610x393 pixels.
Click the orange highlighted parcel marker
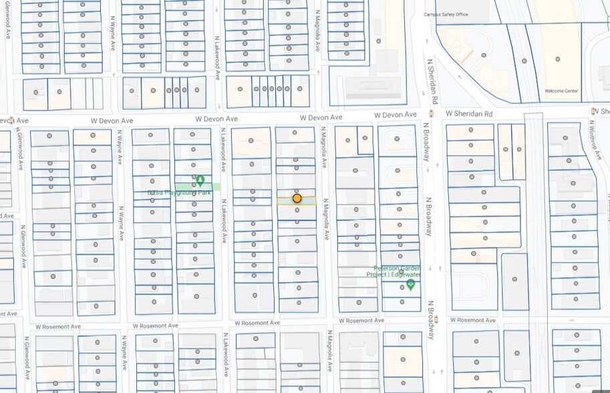tap(297, 199)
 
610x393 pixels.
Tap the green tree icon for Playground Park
tap(200, 180)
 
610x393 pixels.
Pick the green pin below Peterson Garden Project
tap(410, 285)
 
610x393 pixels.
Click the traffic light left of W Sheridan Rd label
tap(432, 114)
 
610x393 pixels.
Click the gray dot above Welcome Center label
tap(558, 59)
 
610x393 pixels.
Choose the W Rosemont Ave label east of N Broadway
tap(472, 320)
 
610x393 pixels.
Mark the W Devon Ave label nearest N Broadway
tap(321, 118)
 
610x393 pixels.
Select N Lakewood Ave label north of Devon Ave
tap(217, 59)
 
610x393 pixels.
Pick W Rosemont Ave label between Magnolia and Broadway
tap(361, 321)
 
